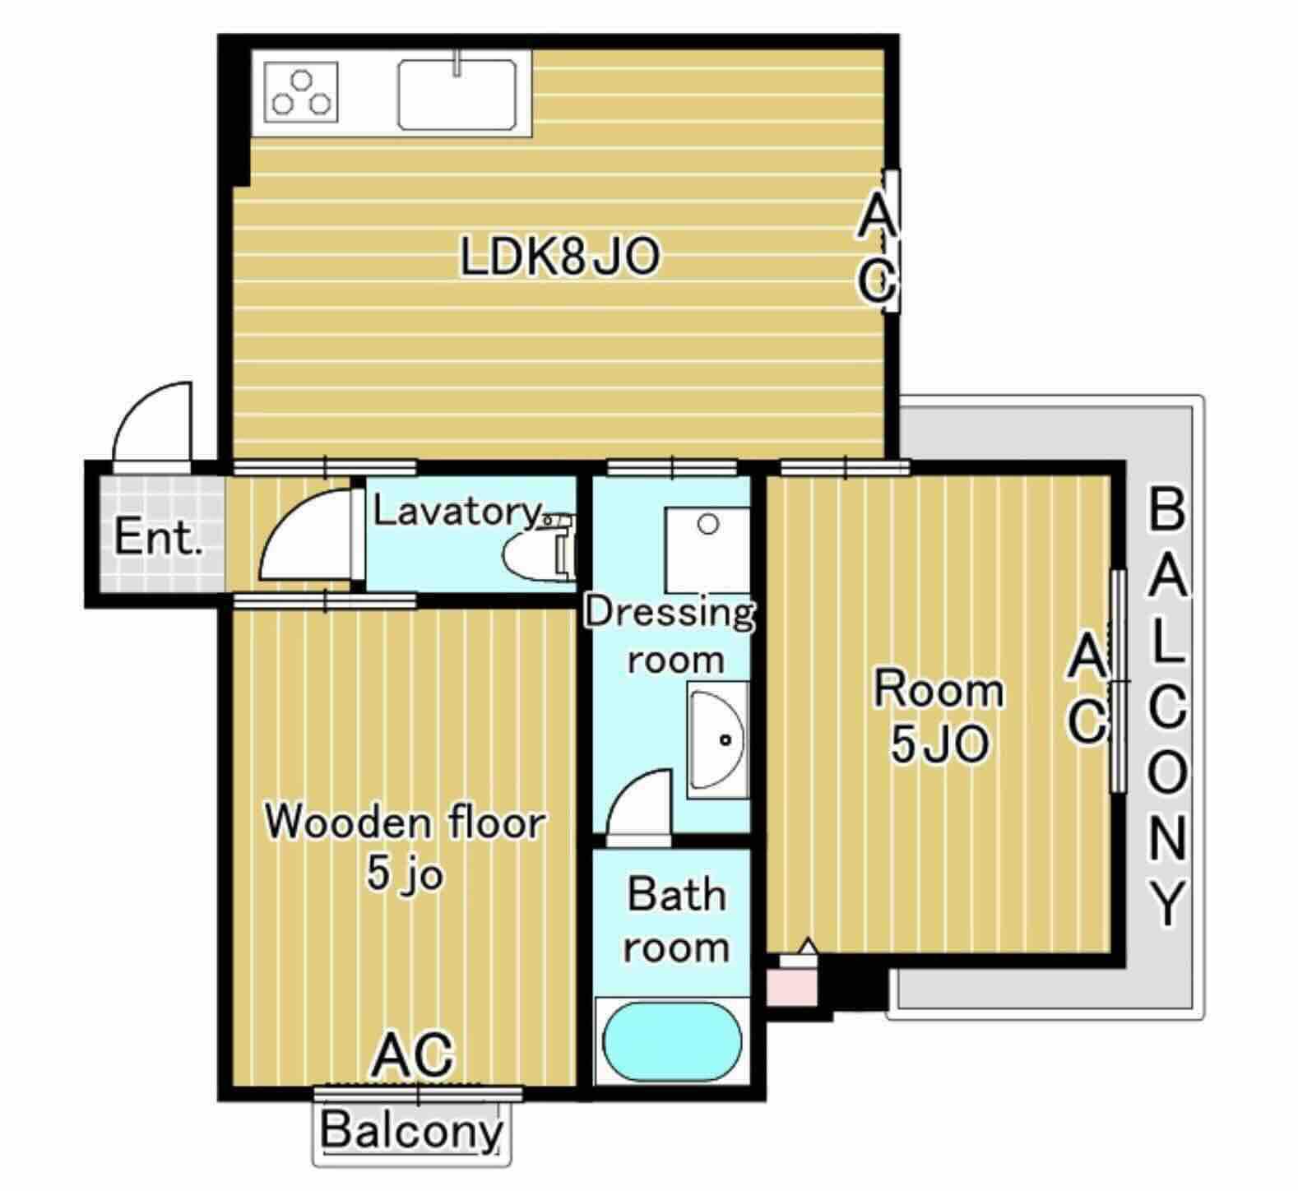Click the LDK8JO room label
tap(559, 257)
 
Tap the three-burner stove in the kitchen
tap(303, 92)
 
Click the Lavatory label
tap(457, 511)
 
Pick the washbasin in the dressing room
tap(717, 739)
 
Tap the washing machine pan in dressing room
tap(707, 547)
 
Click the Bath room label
tap(676, 920)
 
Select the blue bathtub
tap(672, 1041)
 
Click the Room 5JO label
tap(939, 716)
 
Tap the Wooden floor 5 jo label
tap(406, 847)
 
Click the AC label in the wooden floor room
tap(414, 1054)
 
